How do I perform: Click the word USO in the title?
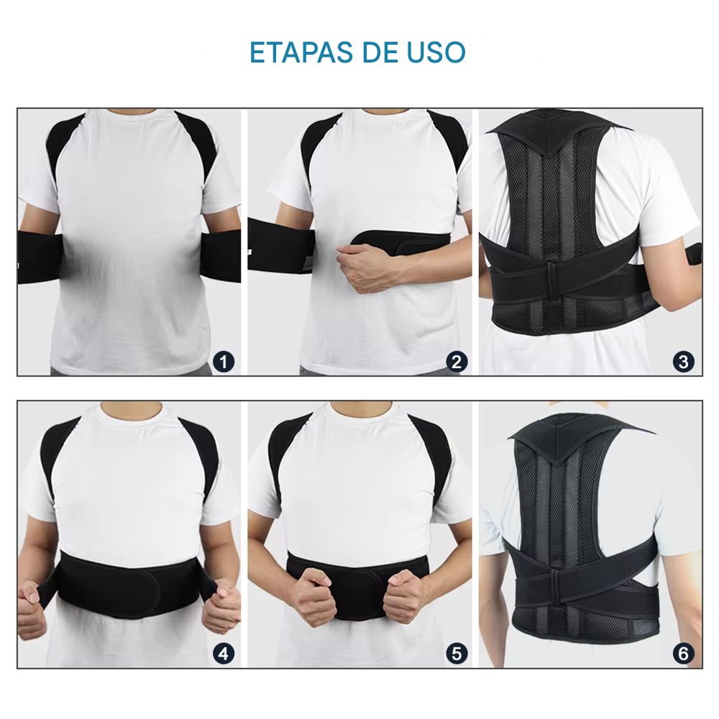coord(436,52)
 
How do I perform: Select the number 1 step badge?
coord(224,362)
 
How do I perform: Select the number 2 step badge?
coord(457,362)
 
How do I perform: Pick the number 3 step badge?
coord(684,362)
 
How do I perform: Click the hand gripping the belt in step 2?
coord(363,266)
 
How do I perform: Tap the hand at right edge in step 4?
coord(221,605)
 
